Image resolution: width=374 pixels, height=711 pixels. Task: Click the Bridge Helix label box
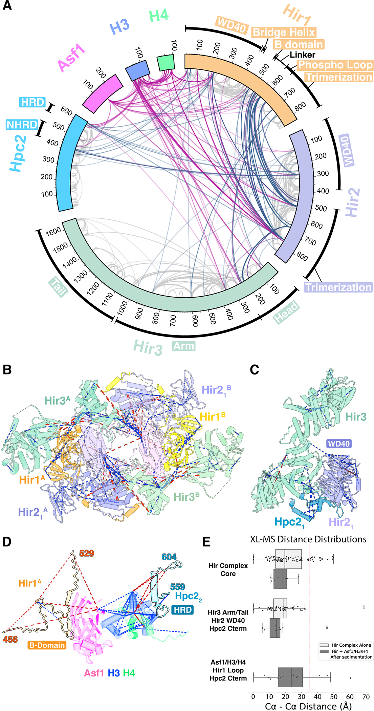point(284,33)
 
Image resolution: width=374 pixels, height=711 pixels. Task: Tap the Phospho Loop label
point(335,65)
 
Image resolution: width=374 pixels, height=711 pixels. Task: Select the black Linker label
point(302,55)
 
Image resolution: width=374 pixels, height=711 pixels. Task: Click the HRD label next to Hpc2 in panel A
point(32,102)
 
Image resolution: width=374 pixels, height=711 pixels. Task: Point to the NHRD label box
point(22,125)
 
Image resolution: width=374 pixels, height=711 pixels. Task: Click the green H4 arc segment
point(166,63)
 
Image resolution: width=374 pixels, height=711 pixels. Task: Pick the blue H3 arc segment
point(137,70)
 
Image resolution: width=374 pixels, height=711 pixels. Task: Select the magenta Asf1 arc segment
point(103,93)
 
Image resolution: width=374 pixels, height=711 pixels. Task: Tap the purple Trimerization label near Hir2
point(338,287)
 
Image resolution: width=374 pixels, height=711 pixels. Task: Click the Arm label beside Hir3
point(184,346)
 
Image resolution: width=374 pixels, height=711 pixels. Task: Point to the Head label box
point(286,312)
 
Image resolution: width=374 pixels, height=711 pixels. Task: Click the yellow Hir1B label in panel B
point(213,416)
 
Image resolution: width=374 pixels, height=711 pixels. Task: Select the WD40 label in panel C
point(338,444)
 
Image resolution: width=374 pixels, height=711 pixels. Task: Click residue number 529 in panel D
point(86,553)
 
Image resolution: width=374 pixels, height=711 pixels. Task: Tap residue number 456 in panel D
point(10,639)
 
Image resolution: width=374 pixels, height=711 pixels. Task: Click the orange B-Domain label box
point(47,645)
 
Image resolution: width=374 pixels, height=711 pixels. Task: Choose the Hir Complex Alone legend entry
point(351,645)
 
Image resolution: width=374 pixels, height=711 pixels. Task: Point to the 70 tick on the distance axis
point(366,697)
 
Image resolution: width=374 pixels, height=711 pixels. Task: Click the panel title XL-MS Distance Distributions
point(308,539)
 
